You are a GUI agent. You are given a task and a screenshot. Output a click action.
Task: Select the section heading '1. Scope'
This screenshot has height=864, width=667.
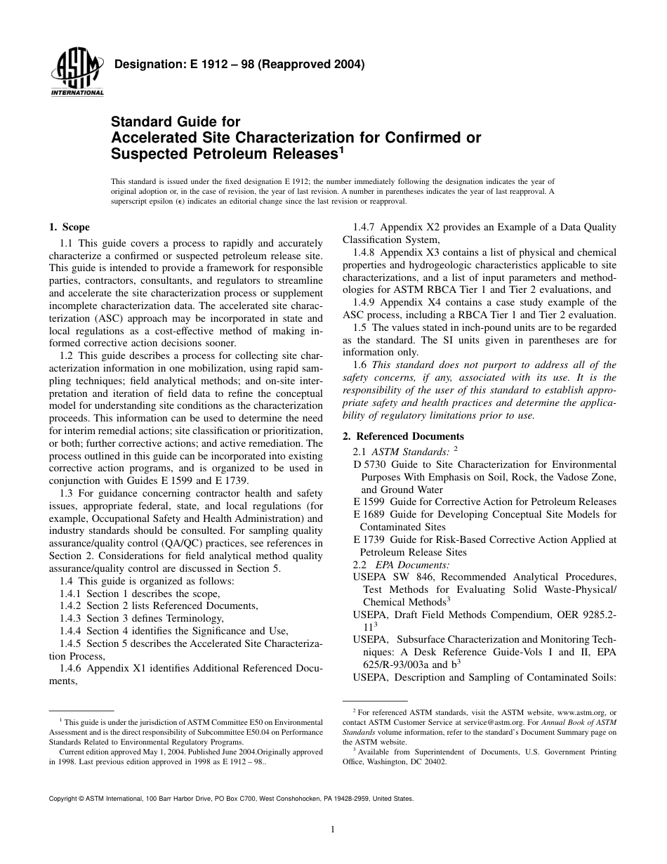pyautogui.click(x=69, y=227)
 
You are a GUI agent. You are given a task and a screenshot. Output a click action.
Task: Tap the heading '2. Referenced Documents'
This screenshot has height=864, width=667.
pyautogui.click(x=403, y=436)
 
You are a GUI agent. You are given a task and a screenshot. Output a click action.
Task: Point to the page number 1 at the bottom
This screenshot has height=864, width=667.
pyautogui.click(x=333, y=830)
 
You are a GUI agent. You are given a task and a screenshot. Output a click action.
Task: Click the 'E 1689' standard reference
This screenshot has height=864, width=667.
pyautogui.click(x=368, y=514)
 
